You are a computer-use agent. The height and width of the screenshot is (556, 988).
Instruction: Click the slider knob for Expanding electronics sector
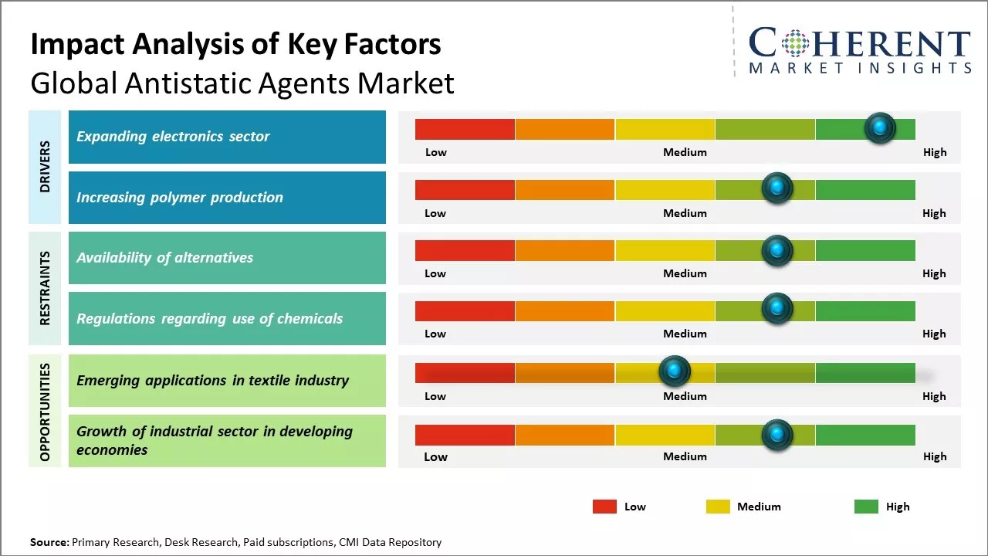point(880,128)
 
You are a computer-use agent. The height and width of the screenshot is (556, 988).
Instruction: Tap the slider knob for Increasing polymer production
point(777,188)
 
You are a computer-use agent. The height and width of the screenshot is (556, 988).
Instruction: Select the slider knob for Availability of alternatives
point(777,249)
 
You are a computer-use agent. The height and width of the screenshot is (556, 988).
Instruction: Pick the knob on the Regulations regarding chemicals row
point(777,309)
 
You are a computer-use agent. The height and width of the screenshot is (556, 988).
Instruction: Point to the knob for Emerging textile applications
point(675,371)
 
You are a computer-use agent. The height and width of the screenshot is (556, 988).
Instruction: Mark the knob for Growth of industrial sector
point(777,435)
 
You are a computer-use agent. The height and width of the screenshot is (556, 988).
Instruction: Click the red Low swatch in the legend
point(604,507)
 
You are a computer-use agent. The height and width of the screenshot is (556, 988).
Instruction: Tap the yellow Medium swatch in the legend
point(718,507)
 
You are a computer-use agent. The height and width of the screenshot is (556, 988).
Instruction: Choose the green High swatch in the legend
point(866,507)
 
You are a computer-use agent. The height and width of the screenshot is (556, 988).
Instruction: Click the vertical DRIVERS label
point(45,167)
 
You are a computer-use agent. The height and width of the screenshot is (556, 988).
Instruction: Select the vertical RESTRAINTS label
point(45,288)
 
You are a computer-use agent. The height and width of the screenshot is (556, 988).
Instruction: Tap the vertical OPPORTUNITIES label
point(45,412)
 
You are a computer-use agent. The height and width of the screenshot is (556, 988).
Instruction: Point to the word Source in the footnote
point(49,543)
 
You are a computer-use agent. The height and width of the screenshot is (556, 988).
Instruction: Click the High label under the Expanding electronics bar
point(934,152)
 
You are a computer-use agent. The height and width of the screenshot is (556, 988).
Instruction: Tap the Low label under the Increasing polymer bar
point(435,213)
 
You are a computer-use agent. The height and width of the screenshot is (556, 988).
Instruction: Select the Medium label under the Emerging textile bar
point(685,396)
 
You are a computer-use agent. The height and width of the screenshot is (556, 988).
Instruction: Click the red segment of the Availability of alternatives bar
point(465,250)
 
